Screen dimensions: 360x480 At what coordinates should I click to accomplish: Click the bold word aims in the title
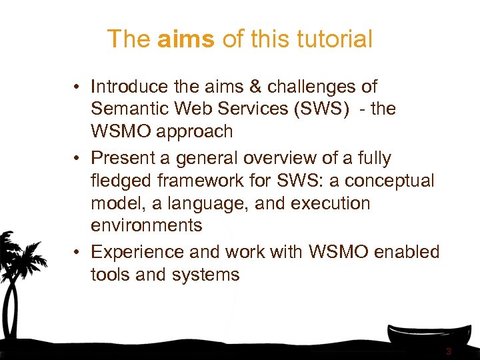pyautogui.click(x=186, y=39)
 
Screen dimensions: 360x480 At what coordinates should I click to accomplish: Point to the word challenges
pyautogui.click(x=315, y=87)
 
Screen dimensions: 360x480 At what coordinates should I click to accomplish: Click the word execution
pyautogui.click(x=328, y=203)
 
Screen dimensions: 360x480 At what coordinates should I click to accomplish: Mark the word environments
pyautogui.click(x=146, y=225)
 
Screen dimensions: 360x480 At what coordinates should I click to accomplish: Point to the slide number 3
pyautogui.click(x=449, y=351)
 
